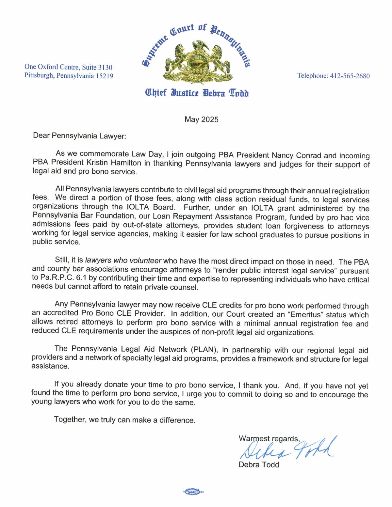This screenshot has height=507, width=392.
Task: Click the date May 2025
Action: pos(201,119)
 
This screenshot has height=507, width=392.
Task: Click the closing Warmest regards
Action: pos(269,438)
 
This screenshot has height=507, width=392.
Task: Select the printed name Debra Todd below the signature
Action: pos(259,465)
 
